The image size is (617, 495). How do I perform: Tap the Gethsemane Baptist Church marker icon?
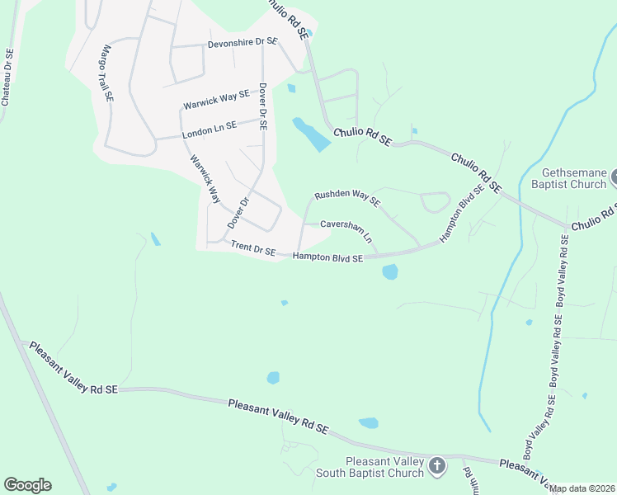pyautogui.click(x=612, y=176)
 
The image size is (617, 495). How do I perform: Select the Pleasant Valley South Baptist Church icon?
pyautogui.click(x=437, y=467)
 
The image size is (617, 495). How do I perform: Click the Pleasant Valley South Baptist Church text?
pyautogui.click(x=384, y=467)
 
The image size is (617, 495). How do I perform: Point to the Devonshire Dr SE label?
pyautogui.click(x=242, y=41)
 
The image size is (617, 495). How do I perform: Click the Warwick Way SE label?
pyautogui.click(x=216, y=101)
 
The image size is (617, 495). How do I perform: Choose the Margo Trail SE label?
pyautogui.click(x=106, y=73)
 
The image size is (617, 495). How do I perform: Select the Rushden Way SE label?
pyautogui.click(x=346, y=198)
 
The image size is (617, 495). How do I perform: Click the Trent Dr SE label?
pyautogui.click(x=253, y=247)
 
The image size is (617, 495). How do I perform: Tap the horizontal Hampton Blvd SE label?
pyautogui.click(x=328, y=258)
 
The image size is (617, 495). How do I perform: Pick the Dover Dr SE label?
pyautogui.click(x=263, y=106)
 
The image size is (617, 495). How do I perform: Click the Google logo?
pyautogui.click(x=27, y=485)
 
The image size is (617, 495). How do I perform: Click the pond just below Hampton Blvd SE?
pyautogui.click(x=389, y=271)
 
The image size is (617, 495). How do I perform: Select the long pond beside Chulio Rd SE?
pyautogui.click(x=311, y=134)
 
